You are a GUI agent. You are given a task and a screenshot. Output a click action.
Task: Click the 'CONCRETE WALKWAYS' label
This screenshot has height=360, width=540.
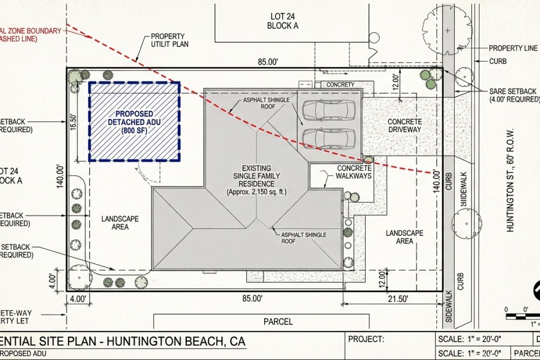354,172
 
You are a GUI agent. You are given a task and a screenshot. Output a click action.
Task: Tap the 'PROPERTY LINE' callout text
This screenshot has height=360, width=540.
513,48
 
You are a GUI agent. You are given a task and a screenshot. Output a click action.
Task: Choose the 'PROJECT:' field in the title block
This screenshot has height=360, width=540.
366,339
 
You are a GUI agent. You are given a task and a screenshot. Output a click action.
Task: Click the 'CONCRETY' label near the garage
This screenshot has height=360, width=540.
340,85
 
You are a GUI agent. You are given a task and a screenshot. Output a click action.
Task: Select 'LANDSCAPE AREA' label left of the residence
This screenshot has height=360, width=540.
120,223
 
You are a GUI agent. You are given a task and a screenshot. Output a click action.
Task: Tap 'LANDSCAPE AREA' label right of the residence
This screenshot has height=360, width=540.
404,237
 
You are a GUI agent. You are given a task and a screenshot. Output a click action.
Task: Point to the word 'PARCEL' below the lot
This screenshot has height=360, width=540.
278,322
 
